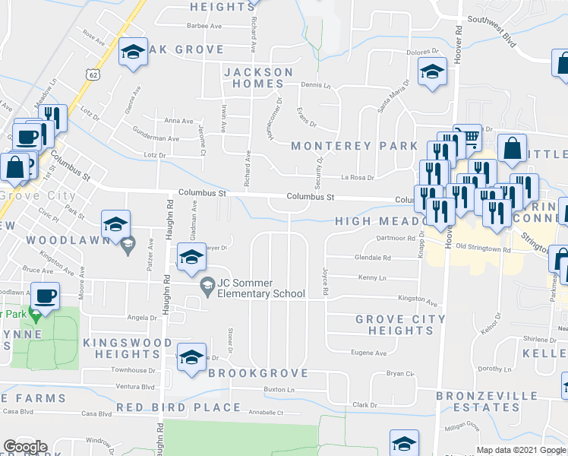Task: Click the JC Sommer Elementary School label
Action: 260,288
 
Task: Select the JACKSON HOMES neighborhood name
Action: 258,78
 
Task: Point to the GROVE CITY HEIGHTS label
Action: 401,325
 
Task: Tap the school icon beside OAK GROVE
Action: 133,52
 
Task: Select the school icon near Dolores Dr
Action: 433,71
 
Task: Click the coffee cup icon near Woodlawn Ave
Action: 45,295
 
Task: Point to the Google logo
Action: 25,447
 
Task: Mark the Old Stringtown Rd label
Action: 484,248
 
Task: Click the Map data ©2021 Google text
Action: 521,450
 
